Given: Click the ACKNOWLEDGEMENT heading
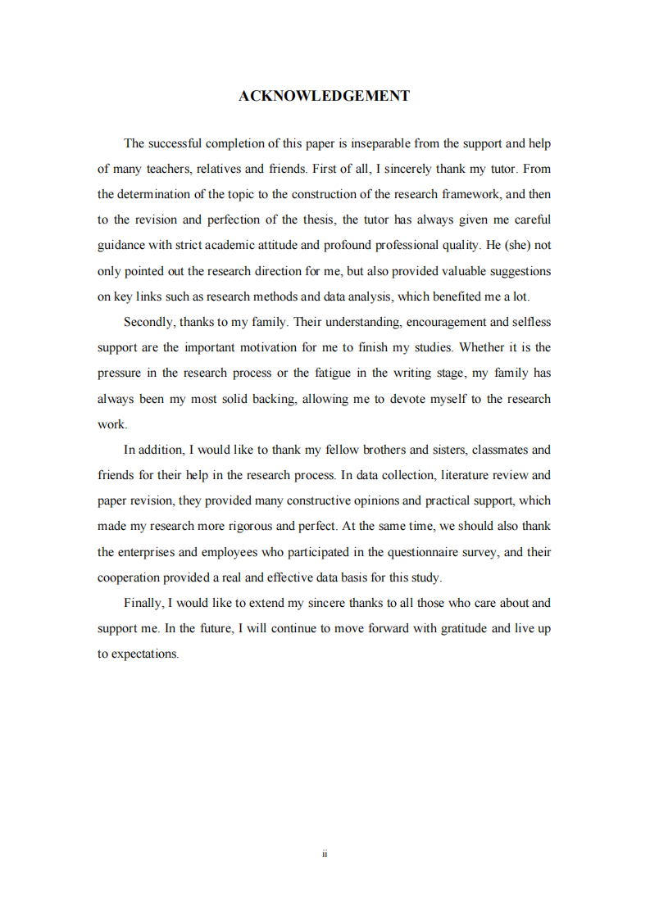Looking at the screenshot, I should click(324, 97).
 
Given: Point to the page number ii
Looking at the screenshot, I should click(325, 853).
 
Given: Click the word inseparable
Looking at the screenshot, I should click(380, 143).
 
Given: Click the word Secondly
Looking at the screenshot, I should click(148, 322).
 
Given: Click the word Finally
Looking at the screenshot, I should click(144, 603).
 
